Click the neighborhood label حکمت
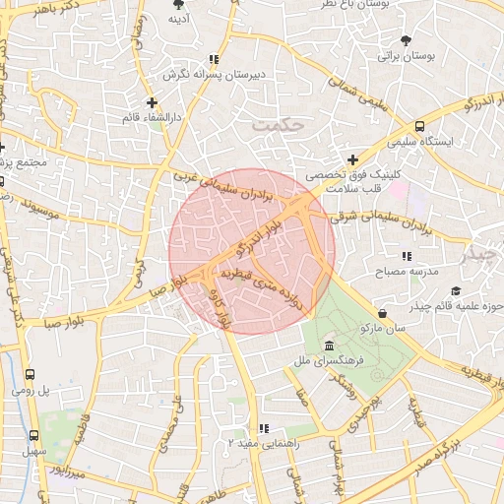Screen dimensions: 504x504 (x=280, y=125)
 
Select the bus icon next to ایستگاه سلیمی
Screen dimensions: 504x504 (x=420, y=126)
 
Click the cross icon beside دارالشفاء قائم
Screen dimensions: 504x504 (x=152, y=101)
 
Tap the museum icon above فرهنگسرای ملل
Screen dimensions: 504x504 (x=328, y=346)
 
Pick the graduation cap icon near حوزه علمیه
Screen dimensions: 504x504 (x=456, y=290)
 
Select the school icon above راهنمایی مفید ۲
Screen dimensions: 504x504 (x=263, y=428)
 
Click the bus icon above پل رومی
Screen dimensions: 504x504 (x=30, y=375)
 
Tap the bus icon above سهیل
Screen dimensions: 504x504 (x=34, y=435)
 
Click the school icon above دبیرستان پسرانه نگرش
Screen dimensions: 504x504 (x=215, y=59)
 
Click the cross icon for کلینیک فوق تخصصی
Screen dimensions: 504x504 (x=352, y=158)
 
